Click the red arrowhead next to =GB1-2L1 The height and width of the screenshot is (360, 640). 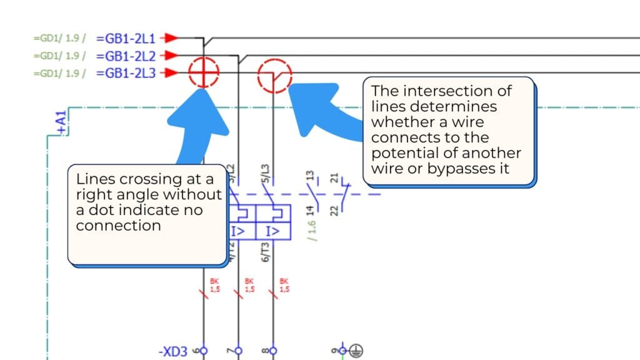171,38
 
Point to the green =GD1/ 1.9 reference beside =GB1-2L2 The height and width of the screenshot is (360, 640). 59,56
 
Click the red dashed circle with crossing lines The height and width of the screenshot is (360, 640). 204,73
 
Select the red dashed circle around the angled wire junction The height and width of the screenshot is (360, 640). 274,76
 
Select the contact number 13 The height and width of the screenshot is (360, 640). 308,177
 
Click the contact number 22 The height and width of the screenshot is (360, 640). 334,210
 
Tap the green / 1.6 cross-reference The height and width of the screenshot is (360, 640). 312,229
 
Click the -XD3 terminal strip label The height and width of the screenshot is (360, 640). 172,352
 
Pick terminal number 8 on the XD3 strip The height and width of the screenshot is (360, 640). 265,351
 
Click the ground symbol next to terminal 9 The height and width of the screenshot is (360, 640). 357,351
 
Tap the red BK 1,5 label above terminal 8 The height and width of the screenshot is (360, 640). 284,285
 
